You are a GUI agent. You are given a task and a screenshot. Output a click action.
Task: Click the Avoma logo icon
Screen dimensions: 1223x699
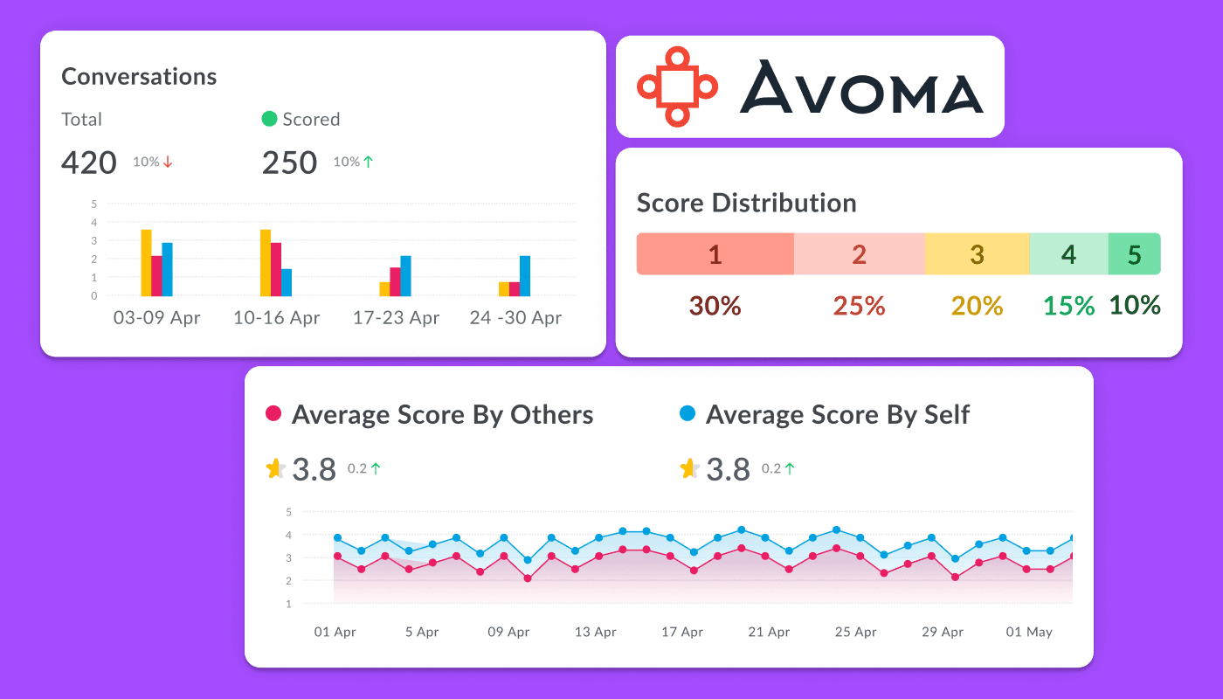(x=677, y=87)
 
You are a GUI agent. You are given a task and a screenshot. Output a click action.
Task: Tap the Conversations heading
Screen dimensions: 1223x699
(x=139, y=77)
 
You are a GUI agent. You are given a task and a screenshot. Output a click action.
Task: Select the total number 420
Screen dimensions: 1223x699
(x=89, y=163)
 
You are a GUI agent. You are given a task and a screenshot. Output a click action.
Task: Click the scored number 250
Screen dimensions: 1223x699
(x=289, y=163)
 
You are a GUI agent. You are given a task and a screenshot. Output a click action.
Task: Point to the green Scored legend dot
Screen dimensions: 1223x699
(x=269, y=119)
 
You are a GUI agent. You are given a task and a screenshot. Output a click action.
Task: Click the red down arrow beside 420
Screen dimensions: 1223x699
(x=168, y=162)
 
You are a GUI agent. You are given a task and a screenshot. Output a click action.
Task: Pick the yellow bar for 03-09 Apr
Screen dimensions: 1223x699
(x=146, y=263)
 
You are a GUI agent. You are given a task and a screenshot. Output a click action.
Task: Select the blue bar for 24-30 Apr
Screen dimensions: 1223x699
(x=525, y=276)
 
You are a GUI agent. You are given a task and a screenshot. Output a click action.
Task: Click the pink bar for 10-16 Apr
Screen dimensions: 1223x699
(x=276, y=269)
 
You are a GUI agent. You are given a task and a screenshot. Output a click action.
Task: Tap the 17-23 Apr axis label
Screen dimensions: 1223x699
(x=396, y=317)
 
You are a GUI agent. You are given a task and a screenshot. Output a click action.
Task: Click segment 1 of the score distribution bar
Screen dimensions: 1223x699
(x=715, y=254)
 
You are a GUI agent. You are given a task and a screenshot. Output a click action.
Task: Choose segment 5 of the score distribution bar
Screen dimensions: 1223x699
(x=1135, y=254)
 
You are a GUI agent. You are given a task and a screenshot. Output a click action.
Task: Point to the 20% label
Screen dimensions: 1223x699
(x=977, y=306)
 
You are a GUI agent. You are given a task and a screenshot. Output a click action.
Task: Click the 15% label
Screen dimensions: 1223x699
(x=1069, y=306)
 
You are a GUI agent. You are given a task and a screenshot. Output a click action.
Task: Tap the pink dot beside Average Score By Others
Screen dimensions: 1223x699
(x=273, y=413)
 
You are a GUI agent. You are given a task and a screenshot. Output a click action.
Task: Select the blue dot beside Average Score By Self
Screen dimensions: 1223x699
(x=688, y=413)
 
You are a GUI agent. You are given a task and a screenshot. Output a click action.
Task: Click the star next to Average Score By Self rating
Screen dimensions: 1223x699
(x=689, y=468)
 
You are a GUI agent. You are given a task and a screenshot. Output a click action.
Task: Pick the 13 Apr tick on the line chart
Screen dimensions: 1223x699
(x=595, y=632)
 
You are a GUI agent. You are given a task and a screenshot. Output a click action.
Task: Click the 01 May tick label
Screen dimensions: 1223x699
(x=1029, y=632)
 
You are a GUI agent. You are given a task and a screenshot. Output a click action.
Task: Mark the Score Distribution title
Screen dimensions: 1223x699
(x=746, y=203)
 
